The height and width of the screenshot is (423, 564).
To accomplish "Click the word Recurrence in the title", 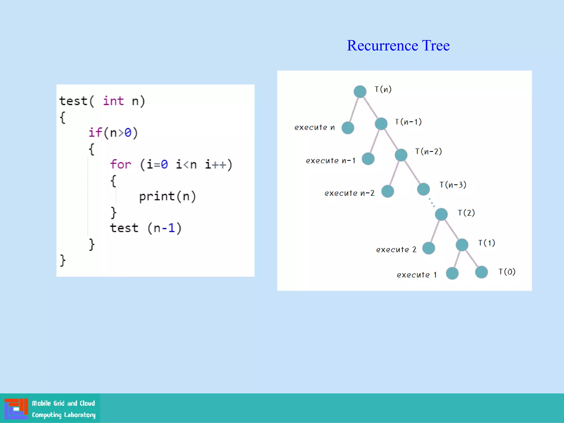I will pos(382,46).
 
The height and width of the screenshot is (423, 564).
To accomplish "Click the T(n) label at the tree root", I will pos(383,89).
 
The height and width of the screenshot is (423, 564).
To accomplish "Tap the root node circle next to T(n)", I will pos(360,91).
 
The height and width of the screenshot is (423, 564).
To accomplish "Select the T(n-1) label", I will pos(408,122).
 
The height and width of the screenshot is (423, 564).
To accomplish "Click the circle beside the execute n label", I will pos(348,128).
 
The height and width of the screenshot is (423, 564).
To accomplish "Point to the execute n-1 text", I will pos(330,161).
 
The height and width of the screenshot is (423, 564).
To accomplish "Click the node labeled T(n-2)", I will pos(401,155).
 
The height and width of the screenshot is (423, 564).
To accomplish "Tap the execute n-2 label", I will pos(349,193).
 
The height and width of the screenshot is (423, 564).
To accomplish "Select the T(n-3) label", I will pos(453,185).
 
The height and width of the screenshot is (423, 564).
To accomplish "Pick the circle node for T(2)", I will pos(441,214).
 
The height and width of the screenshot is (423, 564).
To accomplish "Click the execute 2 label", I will pos(396,250).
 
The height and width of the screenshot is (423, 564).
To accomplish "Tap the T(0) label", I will pos(507,272).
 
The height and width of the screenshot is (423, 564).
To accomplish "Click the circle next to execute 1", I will pos(452,273).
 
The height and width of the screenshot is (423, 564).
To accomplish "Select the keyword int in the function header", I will pos(113,101).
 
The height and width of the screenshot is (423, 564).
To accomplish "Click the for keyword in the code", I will pos(121,164).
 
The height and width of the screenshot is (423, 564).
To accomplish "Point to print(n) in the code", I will pos(167,196).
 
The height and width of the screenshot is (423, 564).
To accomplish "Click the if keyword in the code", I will pos(95,132).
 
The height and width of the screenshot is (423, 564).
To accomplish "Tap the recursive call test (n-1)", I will pos(145,228).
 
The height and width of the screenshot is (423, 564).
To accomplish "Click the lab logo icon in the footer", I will pos(16,408).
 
